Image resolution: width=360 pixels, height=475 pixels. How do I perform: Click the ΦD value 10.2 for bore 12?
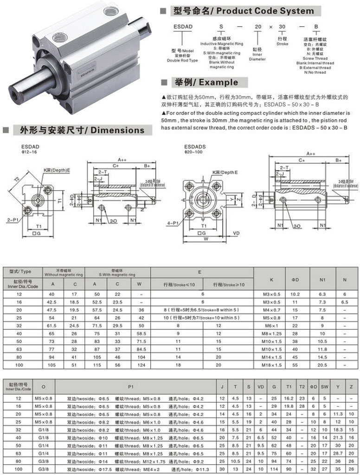tap(295, 295)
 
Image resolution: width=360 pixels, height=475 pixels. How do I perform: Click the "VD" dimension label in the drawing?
tap(236, 232)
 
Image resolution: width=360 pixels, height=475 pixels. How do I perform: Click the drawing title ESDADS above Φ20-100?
tap(194, 146)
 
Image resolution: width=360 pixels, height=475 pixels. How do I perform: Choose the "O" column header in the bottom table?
tap(44, 385)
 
